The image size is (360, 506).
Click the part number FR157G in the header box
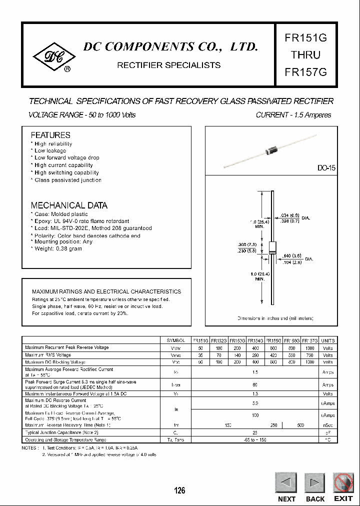coord(305,71)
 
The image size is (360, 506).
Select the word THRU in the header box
coord(305,55)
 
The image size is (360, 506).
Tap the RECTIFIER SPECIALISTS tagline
coord(168,65)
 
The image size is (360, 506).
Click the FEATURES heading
coord(50,135)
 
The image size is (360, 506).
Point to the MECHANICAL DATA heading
coord(69,205)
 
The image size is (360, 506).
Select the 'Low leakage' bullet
coord(50,150)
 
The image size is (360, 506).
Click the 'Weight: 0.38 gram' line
coord(58,249)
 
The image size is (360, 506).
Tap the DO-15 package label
coord(326,168)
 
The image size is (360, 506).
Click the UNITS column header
coord(328,340)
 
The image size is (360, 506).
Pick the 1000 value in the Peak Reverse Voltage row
coord(310,347)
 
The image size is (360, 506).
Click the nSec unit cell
coord(328,425)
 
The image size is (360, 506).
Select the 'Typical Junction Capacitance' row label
coord(61,432)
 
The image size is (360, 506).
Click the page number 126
coord(179,490)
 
